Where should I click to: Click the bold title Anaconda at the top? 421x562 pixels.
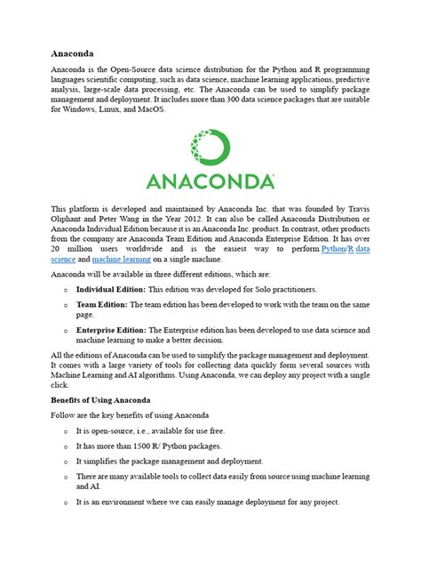pyautogui.click(x=71, y=52)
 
